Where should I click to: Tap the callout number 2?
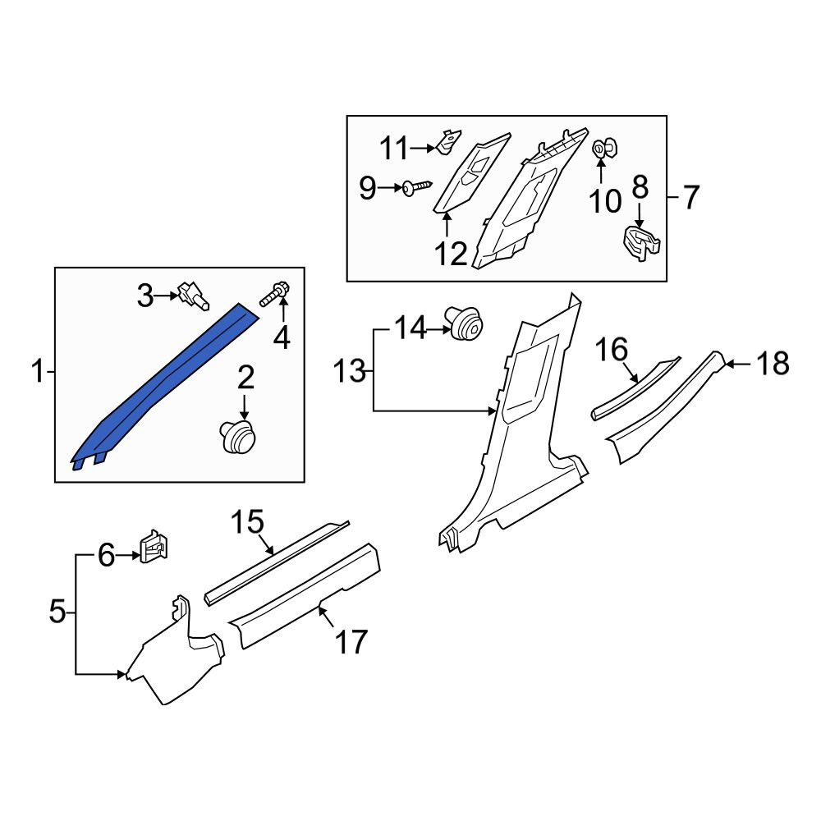[245, 378]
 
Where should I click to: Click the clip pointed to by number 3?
[193, 296]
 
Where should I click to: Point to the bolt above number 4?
[275, 294]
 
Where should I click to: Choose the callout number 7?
[690, 199]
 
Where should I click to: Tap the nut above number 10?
[605, 148]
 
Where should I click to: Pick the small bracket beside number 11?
[448, 141]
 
